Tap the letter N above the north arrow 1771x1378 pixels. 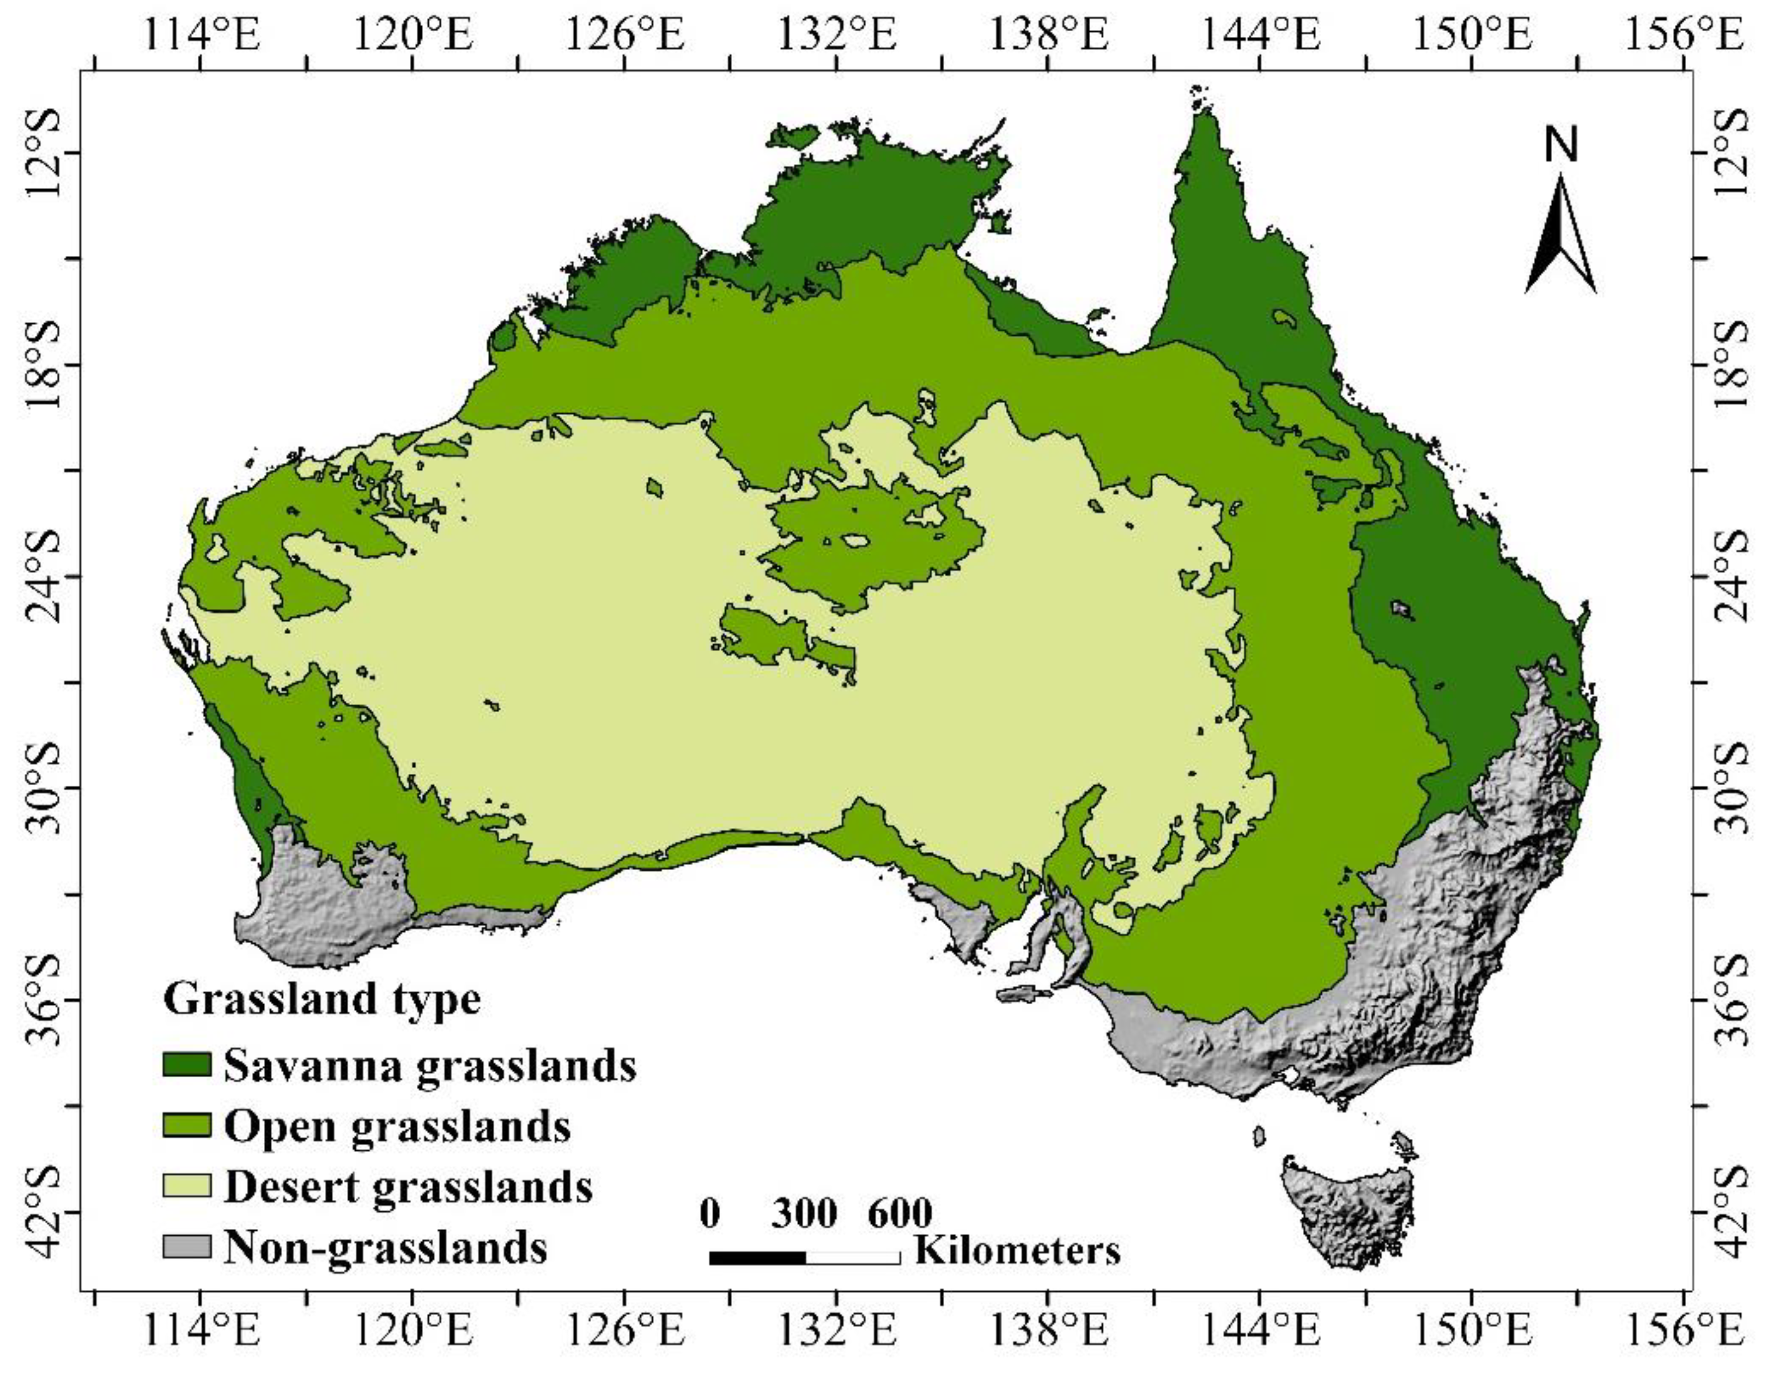point(1561,147)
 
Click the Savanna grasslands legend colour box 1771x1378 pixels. point(187,1064)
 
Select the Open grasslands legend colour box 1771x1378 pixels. point(187,1126)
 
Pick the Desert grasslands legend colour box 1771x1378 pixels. point(187,1186)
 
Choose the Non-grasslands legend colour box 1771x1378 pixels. point(187,1246)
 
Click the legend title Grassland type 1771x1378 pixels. point(322,999)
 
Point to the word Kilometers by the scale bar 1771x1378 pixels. point(1018,1251)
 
